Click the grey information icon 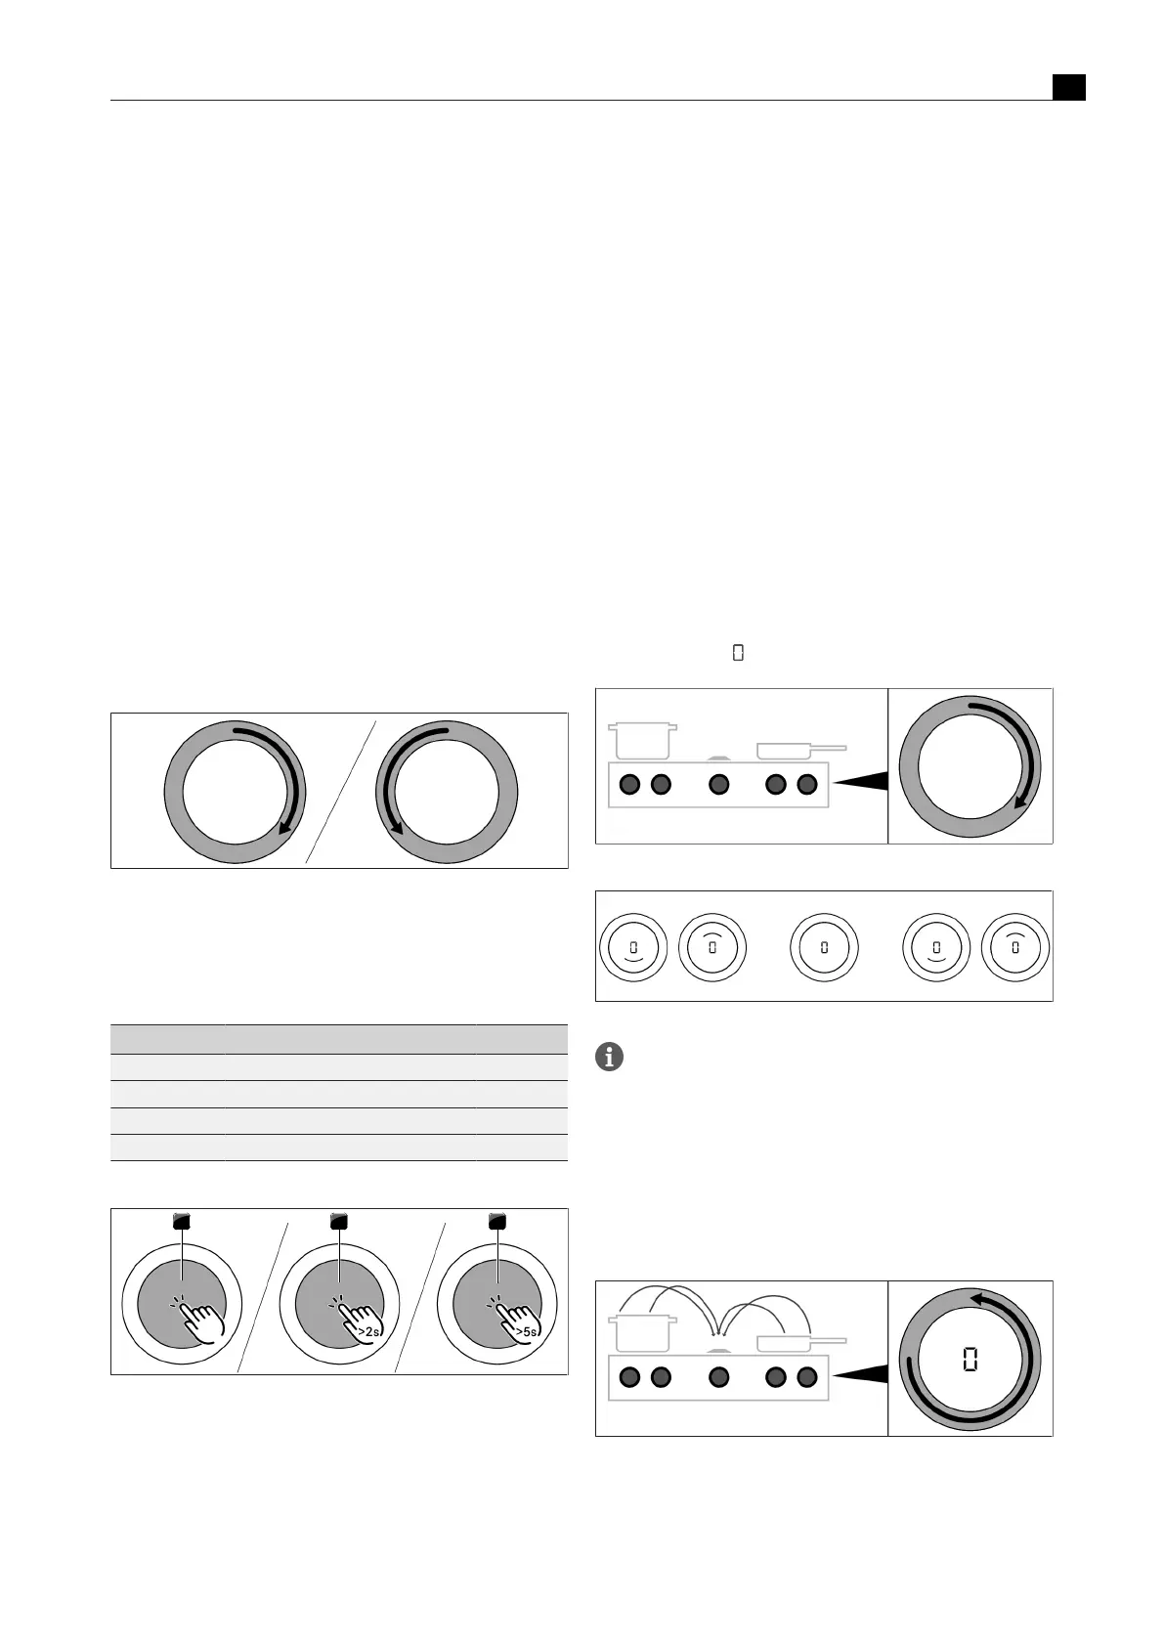609,1057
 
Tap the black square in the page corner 1068,87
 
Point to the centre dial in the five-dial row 824,947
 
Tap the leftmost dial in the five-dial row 633,947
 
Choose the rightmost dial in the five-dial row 1014,947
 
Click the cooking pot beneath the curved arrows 642,1333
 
